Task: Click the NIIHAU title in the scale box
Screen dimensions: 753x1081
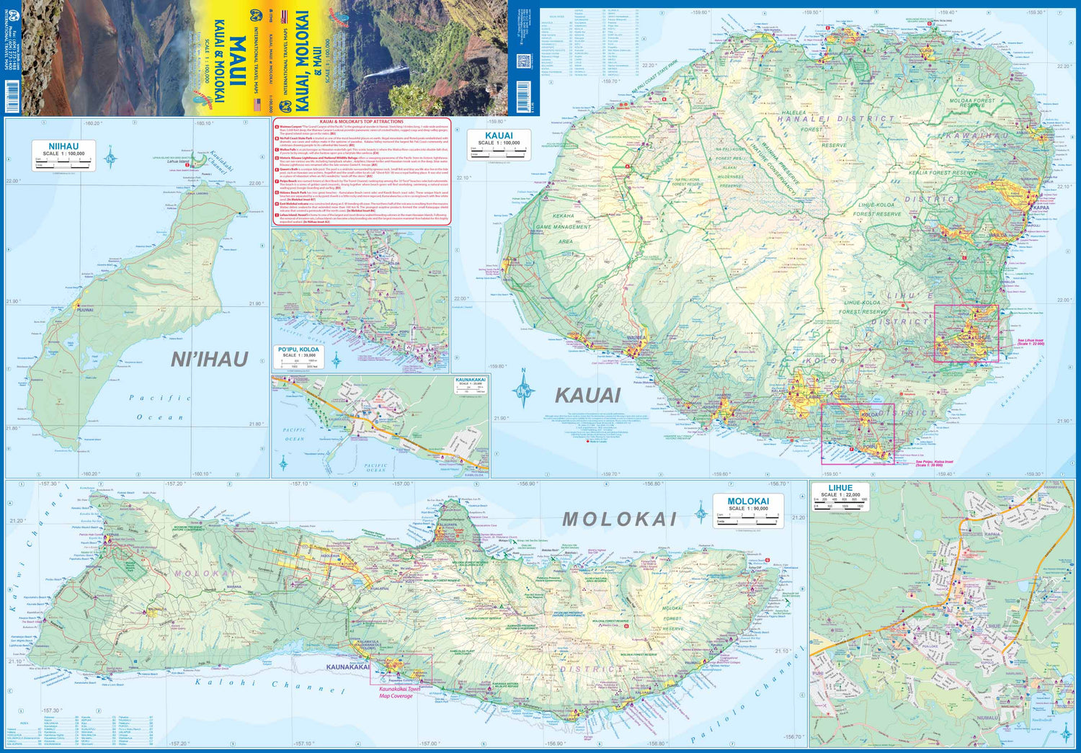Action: (63, 146)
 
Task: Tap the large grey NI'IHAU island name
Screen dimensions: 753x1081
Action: (209, 359)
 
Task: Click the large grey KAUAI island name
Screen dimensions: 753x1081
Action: (587, 395)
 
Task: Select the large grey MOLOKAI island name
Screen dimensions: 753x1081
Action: (619, 519)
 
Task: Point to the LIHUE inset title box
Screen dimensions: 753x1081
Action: (840, 488)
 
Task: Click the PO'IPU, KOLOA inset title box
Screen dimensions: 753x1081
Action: (298, 349)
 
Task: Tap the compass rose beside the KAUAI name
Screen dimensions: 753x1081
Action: (524, 390)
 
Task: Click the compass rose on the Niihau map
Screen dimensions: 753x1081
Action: (111, 156)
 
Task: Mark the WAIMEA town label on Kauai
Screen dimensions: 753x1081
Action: (636, 337)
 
